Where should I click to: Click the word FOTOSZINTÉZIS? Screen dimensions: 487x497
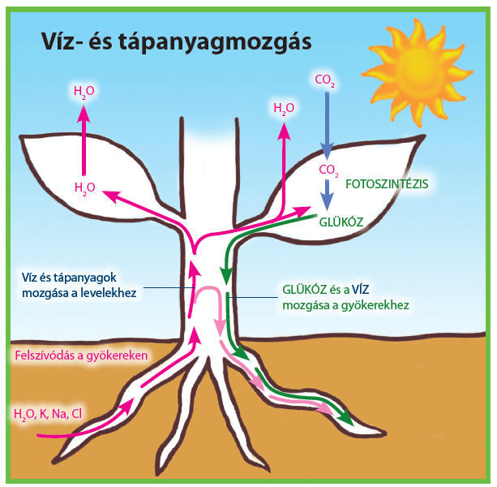[x=387, y=184]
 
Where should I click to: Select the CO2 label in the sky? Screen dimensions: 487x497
[x=325, y=80]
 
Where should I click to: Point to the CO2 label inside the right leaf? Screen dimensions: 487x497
[x=328, y=170]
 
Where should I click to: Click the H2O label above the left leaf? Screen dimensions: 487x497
[x=84, y=92]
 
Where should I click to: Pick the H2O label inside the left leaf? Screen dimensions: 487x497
[x=84, y=187]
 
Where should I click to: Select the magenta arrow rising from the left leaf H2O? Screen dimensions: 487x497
[x=84, y=138]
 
